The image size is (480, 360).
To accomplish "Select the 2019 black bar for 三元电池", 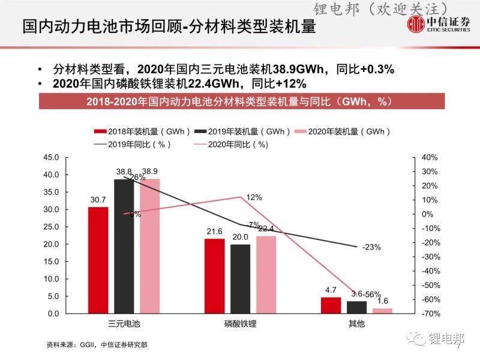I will point(124,246).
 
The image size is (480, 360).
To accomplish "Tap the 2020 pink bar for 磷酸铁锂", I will point(266,275).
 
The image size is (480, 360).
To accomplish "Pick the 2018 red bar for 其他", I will point(331,305).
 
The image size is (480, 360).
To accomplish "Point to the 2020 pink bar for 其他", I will point(382,311).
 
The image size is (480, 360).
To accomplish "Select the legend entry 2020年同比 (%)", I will point(231,145).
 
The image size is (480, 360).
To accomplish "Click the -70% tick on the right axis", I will point(431,314).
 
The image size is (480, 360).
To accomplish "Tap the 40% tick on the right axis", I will point(431,157).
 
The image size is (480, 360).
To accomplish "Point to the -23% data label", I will point(371,247).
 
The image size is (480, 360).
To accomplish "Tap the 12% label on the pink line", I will point(254,197).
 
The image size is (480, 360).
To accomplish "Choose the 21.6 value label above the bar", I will point(214,232).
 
